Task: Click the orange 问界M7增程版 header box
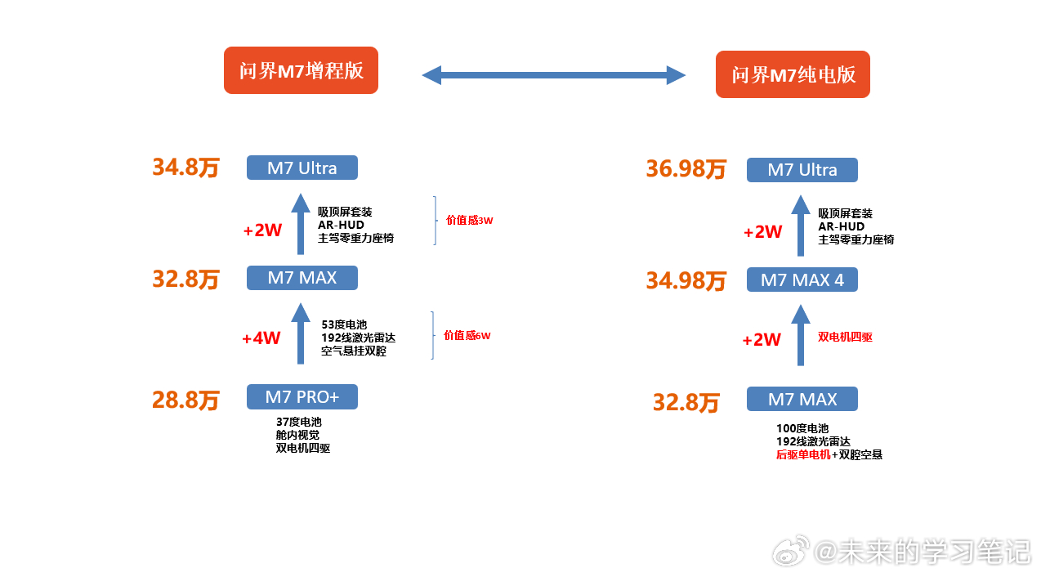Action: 301,70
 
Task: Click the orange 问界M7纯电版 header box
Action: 793,74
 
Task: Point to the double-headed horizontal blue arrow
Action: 553,75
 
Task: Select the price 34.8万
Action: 186,167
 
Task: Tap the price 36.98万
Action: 686,169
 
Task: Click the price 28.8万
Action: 186,400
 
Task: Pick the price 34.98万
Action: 686,281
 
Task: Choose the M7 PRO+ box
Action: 302,396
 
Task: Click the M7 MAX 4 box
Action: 802,280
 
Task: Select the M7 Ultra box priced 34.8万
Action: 302,168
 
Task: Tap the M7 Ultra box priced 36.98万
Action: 802,170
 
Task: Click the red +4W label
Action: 261,338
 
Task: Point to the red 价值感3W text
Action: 469,220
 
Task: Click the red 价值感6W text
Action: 467,335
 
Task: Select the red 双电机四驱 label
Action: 845,337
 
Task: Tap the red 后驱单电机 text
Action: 803,454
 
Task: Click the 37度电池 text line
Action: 299,422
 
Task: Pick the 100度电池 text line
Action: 802,428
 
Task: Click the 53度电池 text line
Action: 344,324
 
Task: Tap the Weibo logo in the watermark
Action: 790,552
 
